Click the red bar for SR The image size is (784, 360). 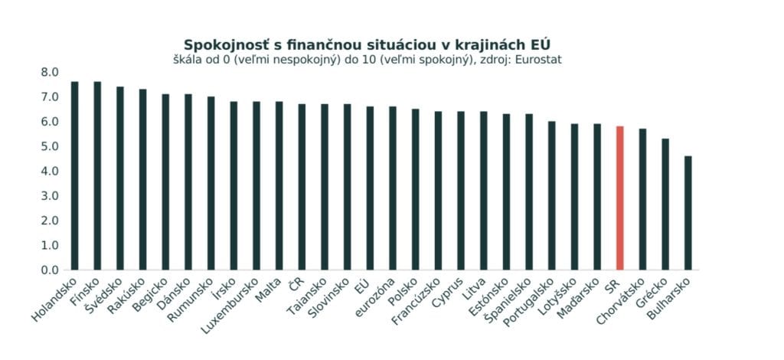[619, 198]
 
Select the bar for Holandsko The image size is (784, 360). [74, 176]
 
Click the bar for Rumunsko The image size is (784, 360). [211, 183]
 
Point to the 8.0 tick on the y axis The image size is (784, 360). [50, 72]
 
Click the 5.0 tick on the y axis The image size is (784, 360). [50, 146]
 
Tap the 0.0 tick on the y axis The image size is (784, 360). [50, 270]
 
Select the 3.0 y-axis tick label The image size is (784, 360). [50, 196]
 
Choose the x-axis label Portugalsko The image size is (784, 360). [530, 306]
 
